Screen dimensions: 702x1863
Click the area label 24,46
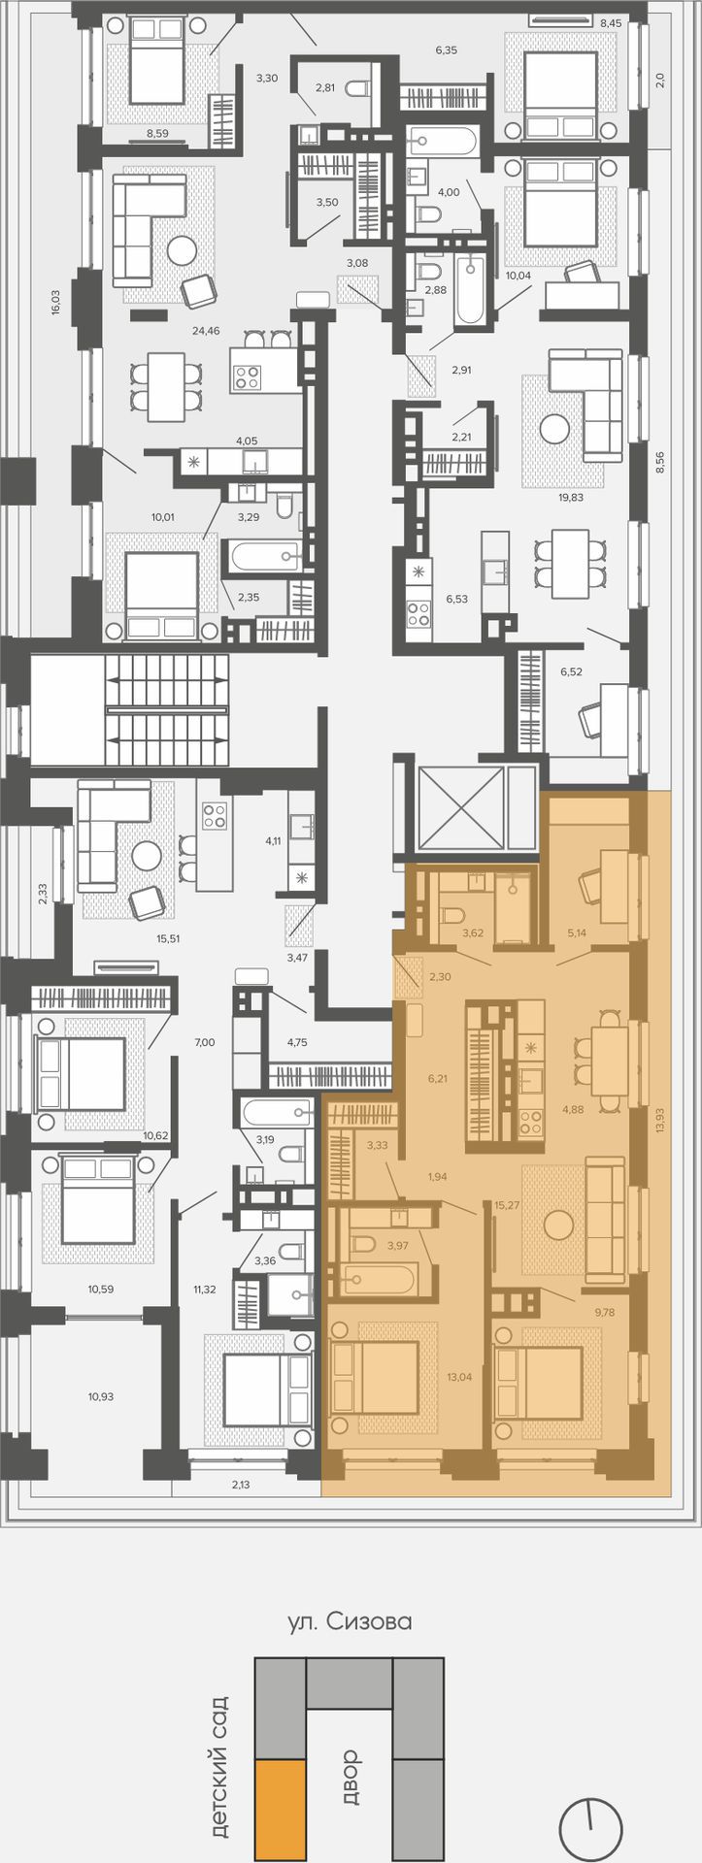pos(206,331)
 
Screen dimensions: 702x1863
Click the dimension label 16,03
pos(55,302)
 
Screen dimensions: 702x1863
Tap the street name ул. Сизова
pos(350,1621)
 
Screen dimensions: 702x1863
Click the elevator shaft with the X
pos(461,807)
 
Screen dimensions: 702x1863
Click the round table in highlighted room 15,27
pos(558,1225)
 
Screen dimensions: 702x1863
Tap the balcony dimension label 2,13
pos(241,1485)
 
